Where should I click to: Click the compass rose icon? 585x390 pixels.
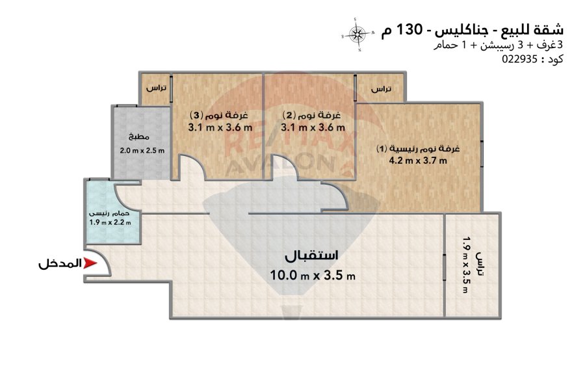357,34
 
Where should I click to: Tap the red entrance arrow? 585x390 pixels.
90,263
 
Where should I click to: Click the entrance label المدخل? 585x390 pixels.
60,263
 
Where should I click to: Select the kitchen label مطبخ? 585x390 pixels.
139,137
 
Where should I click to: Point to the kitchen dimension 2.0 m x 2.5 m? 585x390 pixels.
142,151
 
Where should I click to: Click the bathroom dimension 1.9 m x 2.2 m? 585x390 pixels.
110,223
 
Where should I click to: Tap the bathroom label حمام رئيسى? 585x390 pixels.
109,213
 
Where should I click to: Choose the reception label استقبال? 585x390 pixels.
311,255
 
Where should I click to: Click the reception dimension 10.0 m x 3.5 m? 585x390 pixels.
313,276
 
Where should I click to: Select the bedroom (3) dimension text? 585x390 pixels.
220,127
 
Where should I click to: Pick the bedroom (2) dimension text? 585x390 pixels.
313,127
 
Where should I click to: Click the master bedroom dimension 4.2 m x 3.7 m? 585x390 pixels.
418,161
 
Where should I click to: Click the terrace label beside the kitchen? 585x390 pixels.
156,88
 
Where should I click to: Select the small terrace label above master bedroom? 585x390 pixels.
382,89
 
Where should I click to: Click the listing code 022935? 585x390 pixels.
519,59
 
